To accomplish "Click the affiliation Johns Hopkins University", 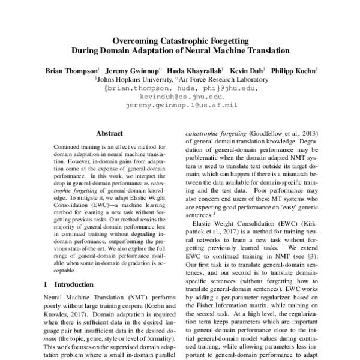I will (x=133, y=79).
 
